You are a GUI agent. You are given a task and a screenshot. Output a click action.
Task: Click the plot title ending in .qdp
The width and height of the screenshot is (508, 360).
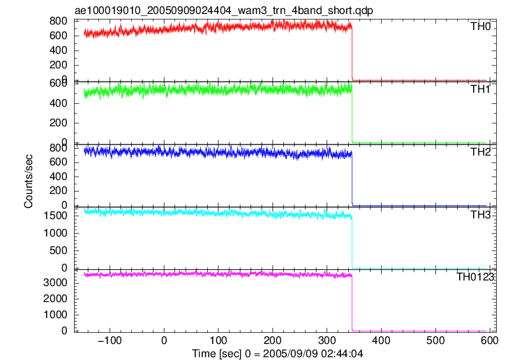[223, 10]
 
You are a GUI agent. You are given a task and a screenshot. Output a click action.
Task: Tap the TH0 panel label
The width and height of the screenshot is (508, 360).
[481, 27]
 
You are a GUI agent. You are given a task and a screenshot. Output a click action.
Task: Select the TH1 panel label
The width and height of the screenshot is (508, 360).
[481, 89]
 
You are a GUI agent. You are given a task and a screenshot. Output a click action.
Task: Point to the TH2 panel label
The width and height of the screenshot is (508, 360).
[481, 152]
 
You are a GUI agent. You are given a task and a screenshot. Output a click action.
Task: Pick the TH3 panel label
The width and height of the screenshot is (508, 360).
[481, 215]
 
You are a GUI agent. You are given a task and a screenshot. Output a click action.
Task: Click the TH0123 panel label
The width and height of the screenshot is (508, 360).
[475, 277]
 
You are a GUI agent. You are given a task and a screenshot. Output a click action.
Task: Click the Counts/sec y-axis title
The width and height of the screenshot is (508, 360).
[29, 181]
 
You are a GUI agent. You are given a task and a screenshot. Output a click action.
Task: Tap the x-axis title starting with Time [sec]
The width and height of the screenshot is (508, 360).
[277, 353]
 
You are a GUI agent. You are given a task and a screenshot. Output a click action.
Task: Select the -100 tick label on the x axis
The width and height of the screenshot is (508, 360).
[109, 340]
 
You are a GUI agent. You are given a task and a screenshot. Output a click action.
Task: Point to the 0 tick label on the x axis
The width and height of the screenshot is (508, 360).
[164, 340]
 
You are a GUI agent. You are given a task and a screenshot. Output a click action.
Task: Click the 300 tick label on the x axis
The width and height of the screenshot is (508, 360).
[327, 340]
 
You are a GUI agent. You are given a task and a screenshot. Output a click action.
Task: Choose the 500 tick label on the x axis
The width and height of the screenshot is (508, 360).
[435, 340]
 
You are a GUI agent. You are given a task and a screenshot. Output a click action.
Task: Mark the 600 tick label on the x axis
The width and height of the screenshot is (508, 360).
[489, 340]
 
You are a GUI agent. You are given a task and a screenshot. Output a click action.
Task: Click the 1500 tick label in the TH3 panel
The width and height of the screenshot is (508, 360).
[55, 216]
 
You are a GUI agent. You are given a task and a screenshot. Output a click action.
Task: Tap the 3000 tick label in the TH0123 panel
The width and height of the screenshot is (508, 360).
[55, 283]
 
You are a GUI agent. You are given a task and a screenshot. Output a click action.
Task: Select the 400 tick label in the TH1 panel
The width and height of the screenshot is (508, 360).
[59, 104]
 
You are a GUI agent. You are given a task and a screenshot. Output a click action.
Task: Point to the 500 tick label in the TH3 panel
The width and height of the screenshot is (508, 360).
[59, 250]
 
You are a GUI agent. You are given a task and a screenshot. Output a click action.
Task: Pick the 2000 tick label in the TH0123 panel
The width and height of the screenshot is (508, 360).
[55, 299]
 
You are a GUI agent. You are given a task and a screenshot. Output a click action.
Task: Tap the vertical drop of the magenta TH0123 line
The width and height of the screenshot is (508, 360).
[352, 303]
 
